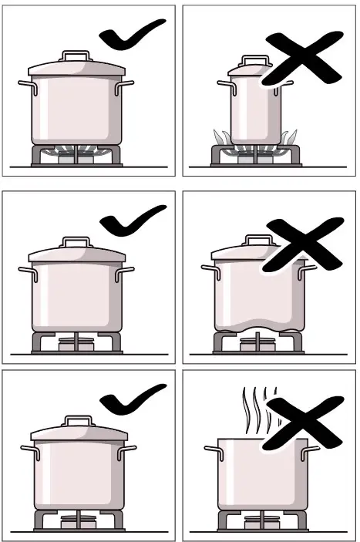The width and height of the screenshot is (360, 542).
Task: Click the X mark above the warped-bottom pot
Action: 302,245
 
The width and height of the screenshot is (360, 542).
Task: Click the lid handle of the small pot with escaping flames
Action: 254,60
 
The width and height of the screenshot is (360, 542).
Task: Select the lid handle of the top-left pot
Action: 76,56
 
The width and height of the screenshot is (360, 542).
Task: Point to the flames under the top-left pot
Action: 76,149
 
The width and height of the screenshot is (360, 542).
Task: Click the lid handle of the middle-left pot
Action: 76,244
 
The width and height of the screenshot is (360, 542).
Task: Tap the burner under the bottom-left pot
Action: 76,519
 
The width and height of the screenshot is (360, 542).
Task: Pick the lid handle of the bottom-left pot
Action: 76,420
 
